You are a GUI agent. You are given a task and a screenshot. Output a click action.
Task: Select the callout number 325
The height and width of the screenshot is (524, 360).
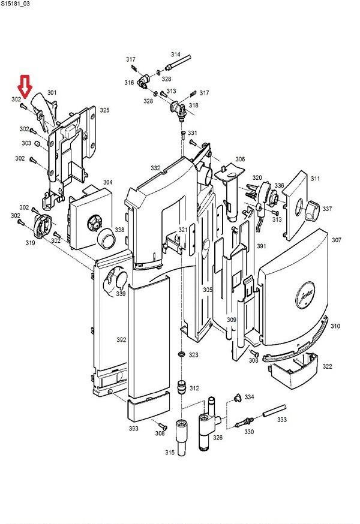coord(104,110)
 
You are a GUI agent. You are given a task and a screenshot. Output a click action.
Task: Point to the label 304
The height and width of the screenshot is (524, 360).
coord(107,182)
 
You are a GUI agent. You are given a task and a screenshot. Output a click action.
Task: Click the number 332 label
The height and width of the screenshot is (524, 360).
coord(155,168)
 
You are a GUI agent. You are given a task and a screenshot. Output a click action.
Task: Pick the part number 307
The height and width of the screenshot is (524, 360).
coord(336,240)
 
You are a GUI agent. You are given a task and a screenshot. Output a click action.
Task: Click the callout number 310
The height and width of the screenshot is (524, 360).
coord(335,326)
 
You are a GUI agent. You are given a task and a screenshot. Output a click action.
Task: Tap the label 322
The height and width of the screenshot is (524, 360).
coord(327,366)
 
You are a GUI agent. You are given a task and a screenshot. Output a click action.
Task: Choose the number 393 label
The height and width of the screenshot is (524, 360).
coord(133,428)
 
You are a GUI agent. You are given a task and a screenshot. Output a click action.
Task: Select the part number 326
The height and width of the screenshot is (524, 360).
coord(218,438)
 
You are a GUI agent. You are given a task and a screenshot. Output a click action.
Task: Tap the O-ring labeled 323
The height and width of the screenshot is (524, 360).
coord(181,356)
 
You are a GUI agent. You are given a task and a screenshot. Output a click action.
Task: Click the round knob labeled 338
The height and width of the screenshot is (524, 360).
coord(106,240)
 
